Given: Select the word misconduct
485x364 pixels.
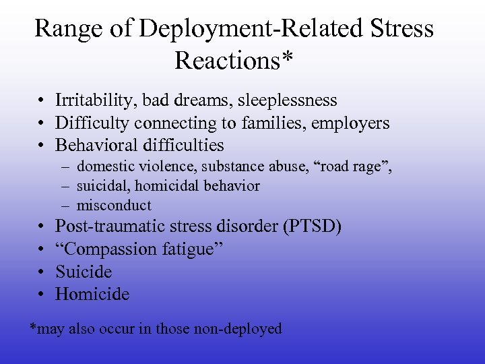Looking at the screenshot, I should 114,206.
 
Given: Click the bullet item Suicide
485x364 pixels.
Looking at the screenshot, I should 84,272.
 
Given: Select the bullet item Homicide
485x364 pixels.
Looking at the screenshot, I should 92,294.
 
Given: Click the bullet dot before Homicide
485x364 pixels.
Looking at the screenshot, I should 42,295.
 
